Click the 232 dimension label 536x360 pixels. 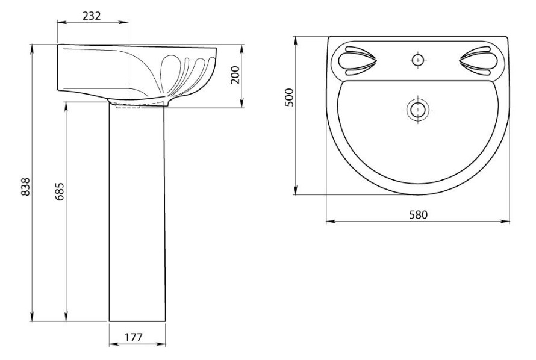click(92, 16)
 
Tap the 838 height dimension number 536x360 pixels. click(26, 187)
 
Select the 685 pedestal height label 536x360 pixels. click(60, 191)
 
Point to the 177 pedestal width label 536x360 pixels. click(133, 338)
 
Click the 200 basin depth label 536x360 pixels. click(235, 75)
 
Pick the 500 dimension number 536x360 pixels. click(289, 98)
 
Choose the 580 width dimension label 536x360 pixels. click(419, 214)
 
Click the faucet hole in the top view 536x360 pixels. click(417, 60)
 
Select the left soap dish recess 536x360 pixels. click(357, 61)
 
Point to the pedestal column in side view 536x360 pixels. click(137, 212)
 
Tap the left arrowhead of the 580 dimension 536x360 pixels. click(330, 222)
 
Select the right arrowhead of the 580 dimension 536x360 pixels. click(505, 222)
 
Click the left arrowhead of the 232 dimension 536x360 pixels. click(61, 22)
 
